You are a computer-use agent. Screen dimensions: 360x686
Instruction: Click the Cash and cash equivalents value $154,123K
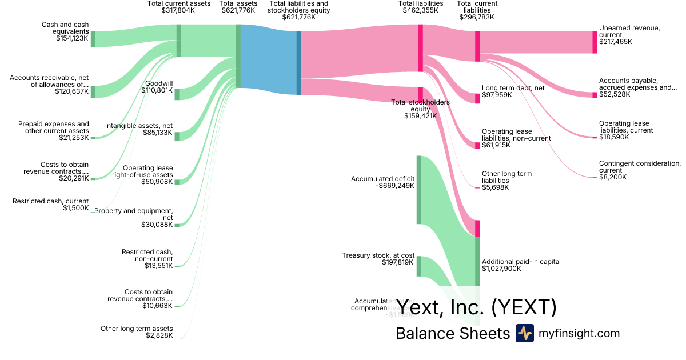[72, 38]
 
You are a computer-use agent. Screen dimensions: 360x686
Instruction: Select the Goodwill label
[159, 83]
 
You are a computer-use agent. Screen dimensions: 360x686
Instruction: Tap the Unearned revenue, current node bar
[595, 42]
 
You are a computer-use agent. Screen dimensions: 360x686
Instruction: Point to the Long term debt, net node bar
[477, 98]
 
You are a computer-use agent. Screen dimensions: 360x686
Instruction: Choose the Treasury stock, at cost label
[378, 255]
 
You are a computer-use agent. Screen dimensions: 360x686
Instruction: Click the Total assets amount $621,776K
[238, 10]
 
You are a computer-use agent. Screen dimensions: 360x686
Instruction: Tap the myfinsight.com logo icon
[524, 333]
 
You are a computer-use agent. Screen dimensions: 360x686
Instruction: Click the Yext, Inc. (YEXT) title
[476, 307]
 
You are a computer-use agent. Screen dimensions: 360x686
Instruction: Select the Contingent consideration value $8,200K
[613, 177]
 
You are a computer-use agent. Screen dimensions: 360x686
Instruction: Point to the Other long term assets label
[137, 328]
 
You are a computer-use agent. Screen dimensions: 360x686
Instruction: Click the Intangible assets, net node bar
[177, 136]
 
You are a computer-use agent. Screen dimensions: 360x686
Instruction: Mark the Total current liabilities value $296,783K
[477, 17]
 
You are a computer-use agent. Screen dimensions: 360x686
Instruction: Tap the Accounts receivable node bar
[93, 91]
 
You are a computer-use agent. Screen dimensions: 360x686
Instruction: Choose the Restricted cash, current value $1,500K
[76, 208]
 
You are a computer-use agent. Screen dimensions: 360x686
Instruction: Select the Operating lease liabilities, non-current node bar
[477, 145]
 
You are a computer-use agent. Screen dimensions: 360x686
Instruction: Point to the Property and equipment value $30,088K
[157, 225]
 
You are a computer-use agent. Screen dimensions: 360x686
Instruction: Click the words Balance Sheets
[452, 333]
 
